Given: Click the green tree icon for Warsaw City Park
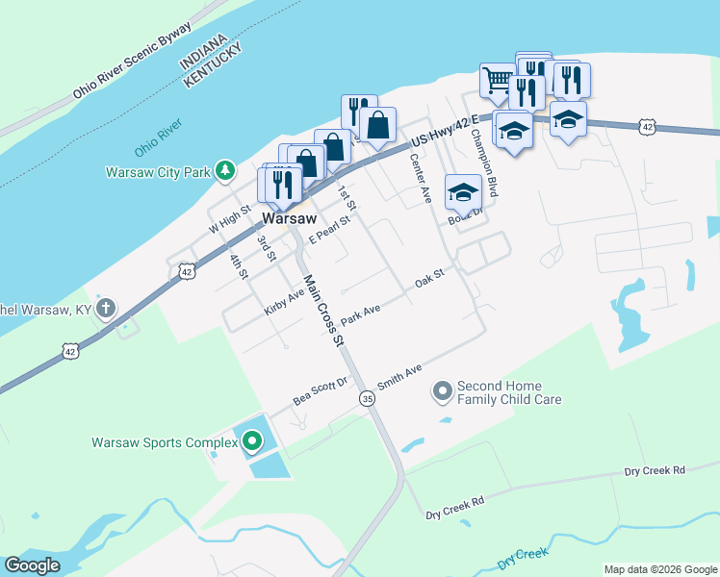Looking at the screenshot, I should (225, 170).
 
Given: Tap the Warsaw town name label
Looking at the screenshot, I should (290, 219).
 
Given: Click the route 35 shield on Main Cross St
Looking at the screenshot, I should (367, 398).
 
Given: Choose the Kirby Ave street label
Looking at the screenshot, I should (284, 306).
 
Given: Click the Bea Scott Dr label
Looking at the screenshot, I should (321, 391).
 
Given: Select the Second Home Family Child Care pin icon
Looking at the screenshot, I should (443, 390).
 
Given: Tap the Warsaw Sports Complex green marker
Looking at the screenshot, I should (251, 441).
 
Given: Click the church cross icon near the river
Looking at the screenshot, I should (106, 309).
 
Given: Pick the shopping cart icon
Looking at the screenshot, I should (498, 80).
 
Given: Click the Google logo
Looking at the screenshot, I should (33, 565).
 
